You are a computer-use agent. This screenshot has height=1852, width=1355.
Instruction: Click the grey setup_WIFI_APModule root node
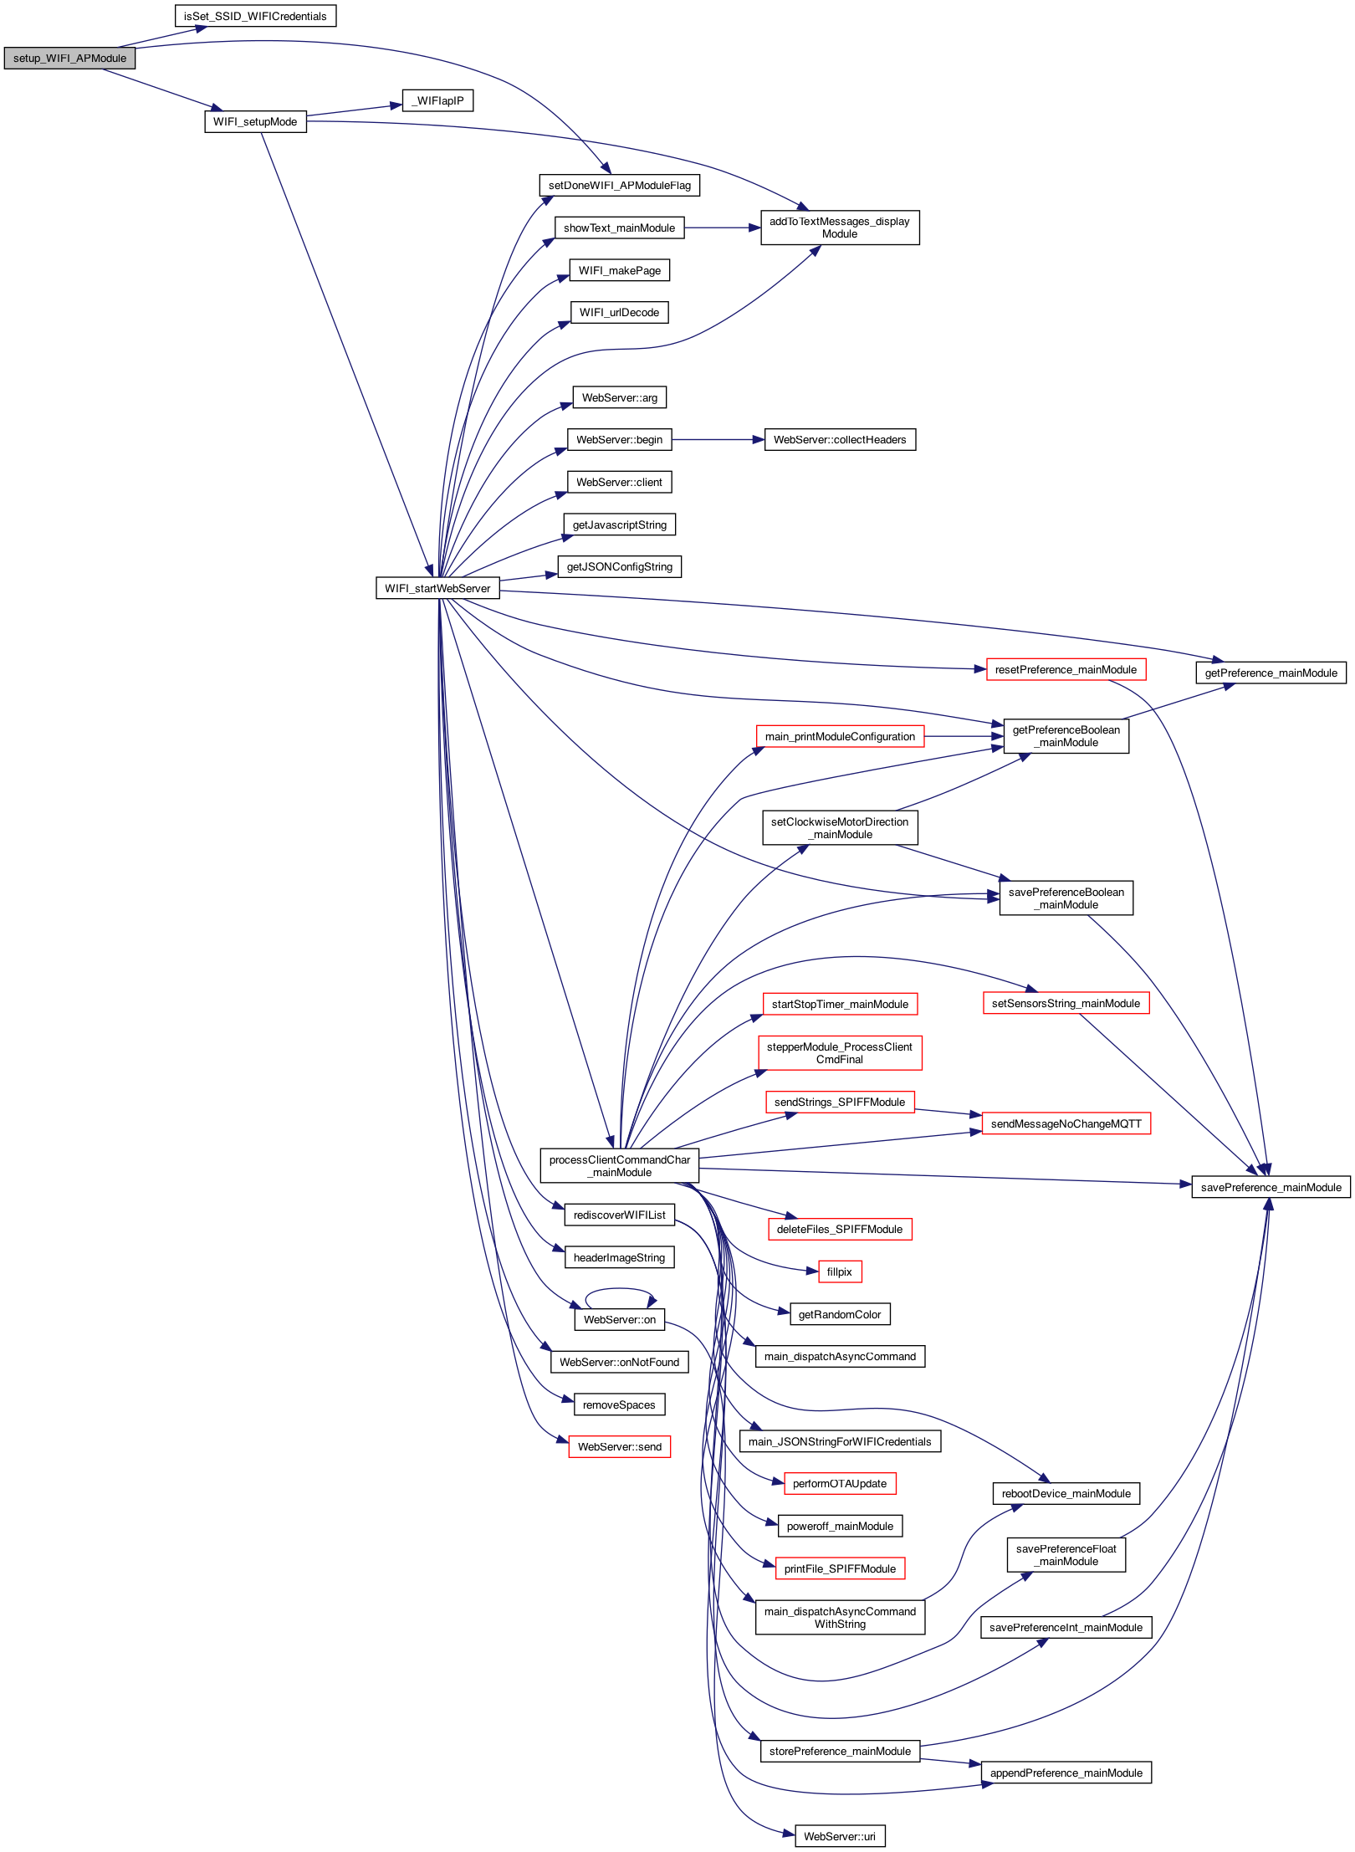tap(69, 59)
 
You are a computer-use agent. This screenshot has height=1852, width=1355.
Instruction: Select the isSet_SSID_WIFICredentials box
tap(255, 16)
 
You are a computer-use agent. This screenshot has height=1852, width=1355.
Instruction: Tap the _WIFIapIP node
tap(437, 101)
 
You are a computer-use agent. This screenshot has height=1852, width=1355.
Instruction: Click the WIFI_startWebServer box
tap(437, 588)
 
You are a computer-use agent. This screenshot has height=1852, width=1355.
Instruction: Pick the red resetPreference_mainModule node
tap(1065, 669)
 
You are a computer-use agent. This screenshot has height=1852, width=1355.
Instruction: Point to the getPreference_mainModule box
tap(1270, 673)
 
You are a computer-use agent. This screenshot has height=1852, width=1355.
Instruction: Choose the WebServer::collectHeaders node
tap(839, 439)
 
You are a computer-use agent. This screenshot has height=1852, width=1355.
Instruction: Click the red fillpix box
tap(839, 1271)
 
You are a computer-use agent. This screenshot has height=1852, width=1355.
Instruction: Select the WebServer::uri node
tap(839, 1836)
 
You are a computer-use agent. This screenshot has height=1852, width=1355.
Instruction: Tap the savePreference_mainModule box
tap(1270, 1187)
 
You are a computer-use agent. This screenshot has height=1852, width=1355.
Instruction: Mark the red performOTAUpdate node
tap(839, 1483)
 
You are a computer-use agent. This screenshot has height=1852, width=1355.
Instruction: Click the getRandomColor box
tap(839, 1314)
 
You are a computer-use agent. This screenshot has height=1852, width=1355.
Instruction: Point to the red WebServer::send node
tap(619, 1446)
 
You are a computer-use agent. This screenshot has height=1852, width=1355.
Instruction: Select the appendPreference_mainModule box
tap(1066, 1773)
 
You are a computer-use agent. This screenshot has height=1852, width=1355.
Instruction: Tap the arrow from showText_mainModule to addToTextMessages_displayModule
tap(723, 228)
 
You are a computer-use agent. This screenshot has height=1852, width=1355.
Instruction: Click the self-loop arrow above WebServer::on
tap(619, 1290)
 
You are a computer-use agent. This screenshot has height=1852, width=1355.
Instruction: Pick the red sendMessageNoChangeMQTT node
tap(1066, 1123)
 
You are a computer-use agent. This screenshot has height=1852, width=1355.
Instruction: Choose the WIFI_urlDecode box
tap(619, 312)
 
